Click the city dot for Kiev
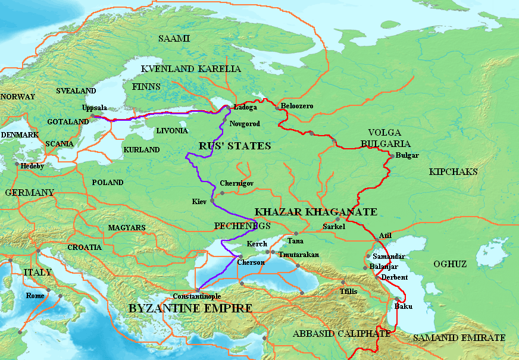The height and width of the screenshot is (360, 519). click(x=212, y=201)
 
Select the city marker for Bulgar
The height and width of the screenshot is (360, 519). click(x=392, y=155)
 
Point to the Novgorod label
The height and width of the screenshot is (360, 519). click(x=245, y=123)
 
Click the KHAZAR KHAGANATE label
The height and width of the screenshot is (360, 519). click(x=315, y=212)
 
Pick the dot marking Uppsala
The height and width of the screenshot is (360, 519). click(x=92, y=116)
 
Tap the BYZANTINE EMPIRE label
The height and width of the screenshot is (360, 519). click(x=190, y=308)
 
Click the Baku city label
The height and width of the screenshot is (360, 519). click(x=403, y=307)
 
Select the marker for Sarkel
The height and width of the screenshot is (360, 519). click(x=337, y=219)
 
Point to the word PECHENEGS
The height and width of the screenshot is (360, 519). click(x=242, y=226)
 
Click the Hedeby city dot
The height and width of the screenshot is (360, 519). click(x=17, y=164)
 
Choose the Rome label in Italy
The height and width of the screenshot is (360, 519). click(x=35, y=296)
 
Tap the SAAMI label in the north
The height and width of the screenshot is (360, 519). click(x=174, y=39)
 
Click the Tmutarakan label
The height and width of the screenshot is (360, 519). click(x=298, y=255)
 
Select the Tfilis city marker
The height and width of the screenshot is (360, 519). click(x=343, y=283)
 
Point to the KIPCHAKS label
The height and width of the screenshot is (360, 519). click(x=453, y=171)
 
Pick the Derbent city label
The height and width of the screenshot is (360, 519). click(x=395, y=277)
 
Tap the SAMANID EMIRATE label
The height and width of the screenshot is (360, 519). click(x=459, y=337)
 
